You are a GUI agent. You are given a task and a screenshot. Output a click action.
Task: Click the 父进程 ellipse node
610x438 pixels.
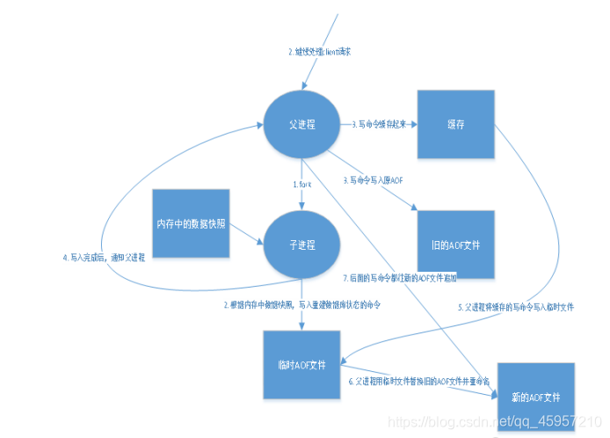pos(301,125)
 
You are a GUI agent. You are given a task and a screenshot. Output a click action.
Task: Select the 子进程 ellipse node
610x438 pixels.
pos(301,244)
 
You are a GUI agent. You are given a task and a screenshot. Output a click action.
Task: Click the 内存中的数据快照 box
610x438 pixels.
pos(191,224)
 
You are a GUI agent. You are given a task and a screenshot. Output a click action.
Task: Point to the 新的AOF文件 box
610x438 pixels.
pos(536,398)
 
